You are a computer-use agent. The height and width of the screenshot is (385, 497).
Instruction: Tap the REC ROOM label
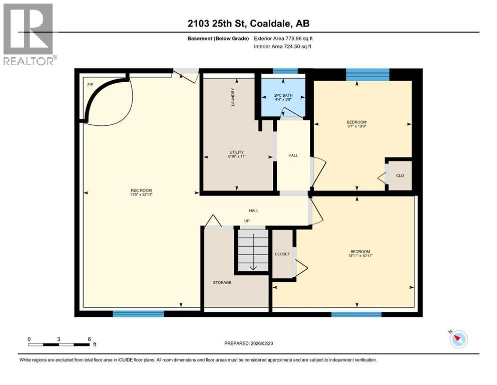click(141, 190)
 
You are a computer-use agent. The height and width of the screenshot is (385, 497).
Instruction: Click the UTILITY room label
click(237, 152)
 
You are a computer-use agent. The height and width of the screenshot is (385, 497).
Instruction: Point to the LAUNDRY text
click(233, 98)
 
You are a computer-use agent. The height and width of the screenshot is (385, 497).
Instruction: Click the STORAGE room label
click(222, 283)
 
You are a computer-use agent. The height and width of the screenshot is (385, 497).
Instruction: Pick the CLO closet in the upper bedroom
click(400, 175)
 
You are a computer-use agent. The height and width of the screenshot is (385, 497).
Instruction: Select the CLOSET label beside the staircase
click(282, 254)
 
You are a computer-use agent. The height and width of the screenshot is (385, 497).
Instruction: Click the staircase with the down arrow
click(253, 251)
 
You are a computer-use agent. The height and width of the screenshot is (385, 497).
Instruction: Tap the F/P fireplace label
click(91, 84)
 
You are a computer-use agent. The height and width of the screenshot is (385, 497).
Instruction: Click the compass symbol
click(458, 339)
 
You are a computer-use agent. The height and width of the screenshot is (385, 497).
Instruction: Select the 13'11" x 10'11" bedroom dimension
click(360, 256)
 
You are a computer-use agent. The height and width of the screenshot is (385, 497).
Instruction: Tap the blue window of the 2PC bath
click(285, 71)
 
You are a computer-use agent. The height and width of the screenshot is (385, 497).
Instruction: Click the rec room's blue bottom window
click(138, 314)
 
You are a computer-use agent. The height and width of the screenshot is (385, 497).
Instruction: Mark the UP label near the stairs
click(247, 221)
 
